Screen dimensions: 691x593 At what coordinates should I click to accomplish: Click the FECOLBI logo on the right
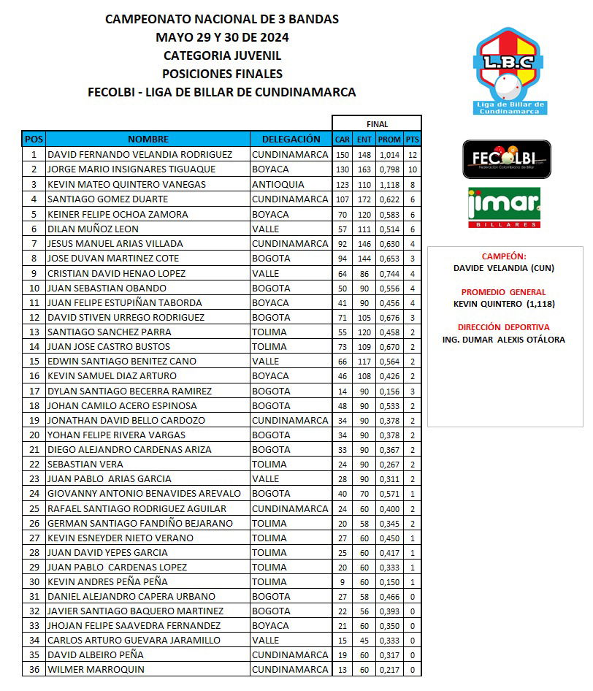pyautogui.click(x=507, y=159)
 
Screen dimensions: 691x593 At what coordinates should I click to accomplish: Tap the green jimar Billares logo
pyautogui.click(x=504, y=208)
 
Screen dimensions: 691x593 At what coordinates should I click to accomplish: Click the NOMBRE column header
pyautogui.click(x=148, y=139)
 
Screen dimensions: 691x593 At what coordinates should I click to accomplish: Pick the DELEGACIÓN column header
pyautogui.click(x=290, y=139)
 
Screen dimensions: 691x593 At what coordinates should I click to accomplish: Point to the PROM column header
pyautogui.click(x=389, y=140)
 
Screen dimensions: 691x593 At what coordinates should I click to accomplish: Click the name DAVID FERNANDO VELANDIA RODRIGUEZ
pyautogui.click(x=139, y=155)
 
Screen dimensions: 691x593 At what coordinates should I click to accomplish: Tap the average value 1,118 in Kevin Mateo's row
pyautogui.click(x=389, y=184)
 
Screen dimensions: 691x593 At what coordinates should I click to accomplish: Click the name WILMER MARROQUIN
pyautogui.click(x=96, y=670)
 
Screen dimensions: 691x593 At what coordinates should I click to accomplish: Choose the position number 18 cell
pyautogui.click(x=34, y=405)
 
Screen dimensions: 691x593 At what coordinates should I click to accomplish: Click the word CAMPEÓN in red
pyautogui.click(x=504, y=257)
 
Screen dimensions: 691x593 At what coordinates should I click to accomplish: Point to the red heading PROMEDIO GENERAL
pyautogui.click(x=504, y=292)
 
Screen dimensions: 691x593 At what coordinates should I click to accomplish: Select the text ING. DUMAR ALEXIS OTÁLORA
pyautogui.click(x=504, y=340)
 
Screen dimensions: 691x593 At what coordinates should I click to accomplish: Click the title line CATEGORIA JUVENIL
pyautogui.click(x=222, y=56)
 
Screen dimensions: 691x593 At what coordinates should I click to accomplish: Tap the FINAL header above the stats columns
pyautogui.click(x=377, y=124)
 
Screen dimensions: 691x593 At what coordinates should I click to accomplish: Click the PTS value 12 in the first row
pyautogui.click(x=413, y=155)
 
